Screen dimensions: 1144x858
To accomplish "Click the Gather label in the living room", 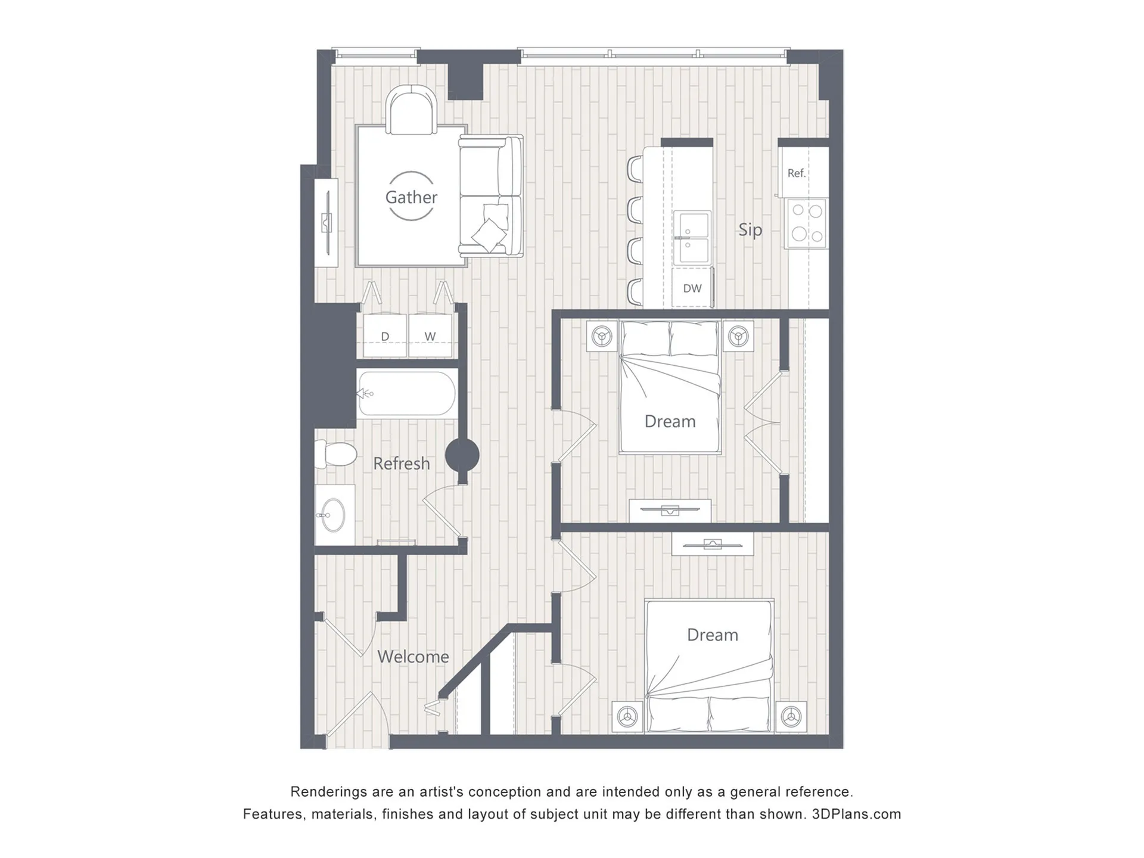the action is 411,197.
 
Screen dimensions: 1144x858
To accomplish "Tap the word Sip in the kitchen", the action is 750,229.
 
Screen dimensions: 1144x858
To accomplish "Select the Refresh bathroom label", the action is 401,464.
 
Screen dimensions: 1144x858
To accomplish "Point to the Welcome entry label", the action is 413,657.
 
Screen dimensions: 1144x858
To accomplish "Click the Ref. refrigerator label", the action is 796,173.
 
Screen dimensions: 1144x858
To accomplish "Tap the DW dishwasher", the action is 692,288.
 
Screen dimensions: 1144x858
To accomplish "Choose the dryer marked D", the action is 385,336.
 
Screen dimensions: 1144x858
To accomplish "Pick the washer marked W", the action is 430,336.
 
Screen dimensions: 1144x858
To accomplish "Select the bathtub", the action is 408,393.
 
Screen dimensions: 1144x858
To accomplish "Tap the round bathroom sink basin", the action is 333,515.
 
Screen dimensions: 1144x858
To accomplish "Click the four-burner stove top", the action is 807,223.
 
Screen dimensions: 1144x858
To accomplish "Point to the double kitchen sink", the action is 692,237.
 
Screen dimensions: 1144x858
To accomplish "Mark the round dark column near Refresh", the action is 462,456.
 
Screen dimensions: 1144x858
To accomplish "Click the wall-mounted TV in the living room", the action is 327,222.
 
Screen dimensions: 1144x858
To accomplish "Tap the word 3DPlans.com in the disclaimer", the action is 856,815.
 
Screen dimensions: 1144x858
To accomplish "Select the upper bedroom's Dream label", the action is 670,421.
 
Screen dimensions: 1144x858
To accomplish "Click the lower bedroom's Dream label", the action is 713,635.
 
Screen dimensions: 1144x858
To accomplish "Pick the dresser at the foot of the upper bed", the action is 670,511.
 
